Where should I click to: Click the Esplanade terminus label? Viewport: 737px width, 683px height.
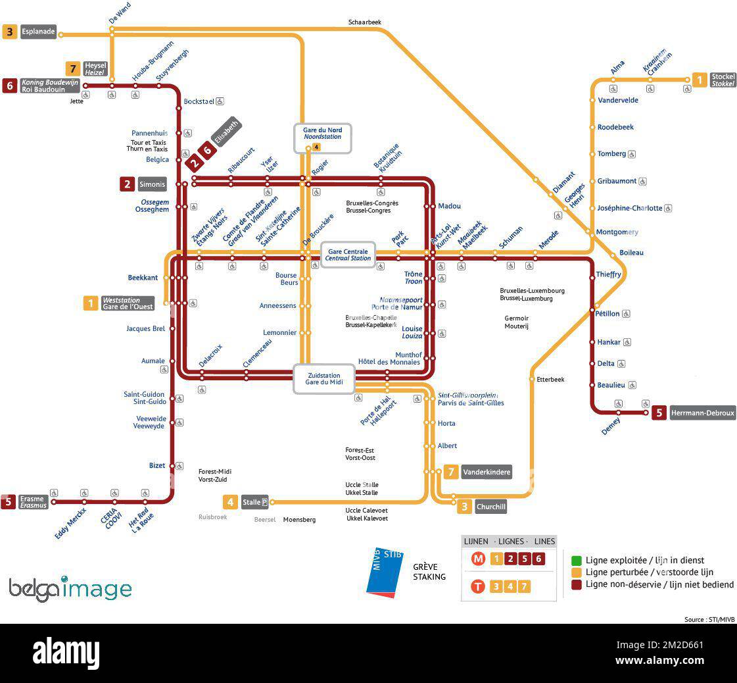pyautogui.click(x=38, y=32)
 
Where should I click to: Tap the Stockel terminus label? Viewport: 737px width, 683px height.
pyautogui.click(x=723, y=80)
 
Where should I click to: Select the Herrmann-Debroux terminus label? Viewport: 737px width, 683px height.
pyautogui.click(x=702, y=413)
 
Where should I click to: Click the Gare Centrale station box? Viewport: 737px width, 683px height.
pyautogui.click(x=348, y=255)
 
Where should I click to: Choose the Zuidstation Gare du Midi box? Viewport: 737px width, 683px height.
pyautogui.click(x=323, y=379)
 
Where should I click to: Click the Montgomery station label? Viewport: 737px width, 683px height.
pyautogui.click(x=617, y=232)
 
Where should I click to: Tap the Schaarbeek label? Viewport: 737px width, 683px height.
pyautogui.click(x=365, y=22)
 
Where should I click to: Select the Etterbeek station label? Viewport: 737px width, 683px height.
pyautogui.click(x=550, y=380)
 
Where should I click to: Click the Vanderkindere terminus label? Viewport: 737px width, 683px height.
pyautogui.click(x=486, y=472)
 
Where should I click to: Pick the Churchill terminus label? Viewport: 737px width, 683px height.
pyautogui.click(x=490, y=507)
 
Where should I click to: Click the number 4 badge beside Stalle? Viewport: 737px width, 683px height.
pyautogui.click(x=230, y=503)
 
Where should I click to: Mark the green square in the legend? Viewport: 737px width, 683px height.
pyautogui.click(x=576, y=561)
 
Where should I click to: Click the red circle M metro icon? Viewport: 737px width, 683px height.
pyautogui.click(x=478, y=559)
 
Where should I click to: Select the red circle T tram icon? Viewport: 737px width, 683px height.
pyautogui.click(x=478, y=586)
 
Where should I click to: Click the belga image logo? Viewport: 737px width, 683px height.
pyautogui.click(x=70, y=588)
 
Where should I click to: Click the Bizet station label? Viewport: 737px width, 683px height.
pyautogui.click(x=157, y=466)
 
